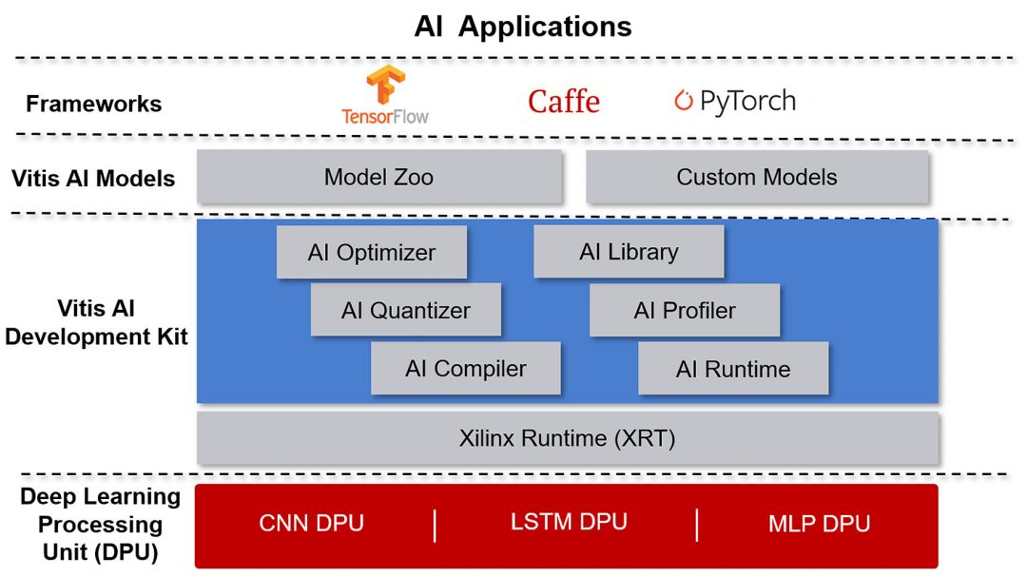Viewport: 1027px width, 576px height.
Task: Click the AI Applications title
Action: click(522, 27)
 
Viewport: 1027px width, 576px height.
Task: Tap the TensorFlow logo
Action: click(385, 95)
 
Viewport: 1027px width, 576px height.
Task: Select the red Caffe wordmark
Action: click(564, 101)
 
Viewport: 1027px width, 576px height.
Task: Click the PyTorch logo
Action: click(734, 101)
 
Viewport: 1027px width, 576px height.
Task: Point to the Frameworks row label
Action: click(93, 104)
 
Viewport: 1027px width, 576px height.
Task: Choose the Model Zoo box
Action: click(378, 177)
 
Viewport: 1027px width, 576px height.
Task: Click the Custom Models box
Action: click(756, 177)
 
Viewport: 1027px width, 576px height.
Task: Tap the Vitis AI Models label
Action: click(93, 178)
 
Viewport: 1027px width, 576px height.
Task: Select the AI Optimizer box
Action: click(371, 252)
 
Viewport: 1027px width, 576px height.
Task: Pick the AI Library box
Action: click(629, 252)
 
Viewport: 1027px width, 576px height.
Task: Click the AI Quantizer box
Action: click(405, 310)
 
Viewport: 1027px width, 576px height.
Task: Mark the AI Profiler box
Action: click(685, 310)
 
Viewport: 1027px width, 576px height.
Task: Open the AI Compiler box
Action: click(465, 369)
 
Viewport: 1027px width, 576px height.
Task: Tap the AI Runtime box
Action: click(733, 369)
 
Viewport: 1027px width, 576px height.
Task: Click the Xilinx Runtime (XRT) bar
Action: click(567, 438)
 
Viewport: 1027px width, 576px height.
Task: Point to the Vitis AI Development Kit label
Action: click(96, 322)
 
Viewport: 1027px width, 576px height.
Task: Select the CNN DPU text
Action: click(311, 523)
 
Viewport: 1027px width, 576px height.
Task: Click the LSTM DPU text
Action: click(569, 522)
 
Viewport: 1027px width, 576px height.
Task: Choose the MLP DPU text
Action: click(819, 523)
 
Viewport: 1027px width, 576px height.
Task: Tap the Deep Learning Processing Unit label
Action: click(100, 524)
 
